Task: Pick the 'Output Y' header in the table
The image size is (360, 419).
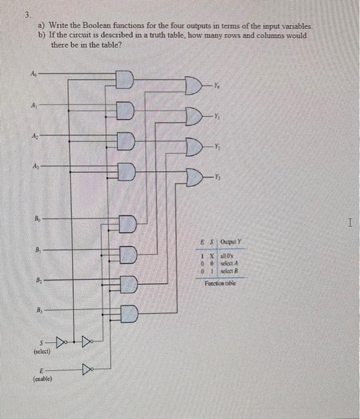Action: point(229,242)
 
